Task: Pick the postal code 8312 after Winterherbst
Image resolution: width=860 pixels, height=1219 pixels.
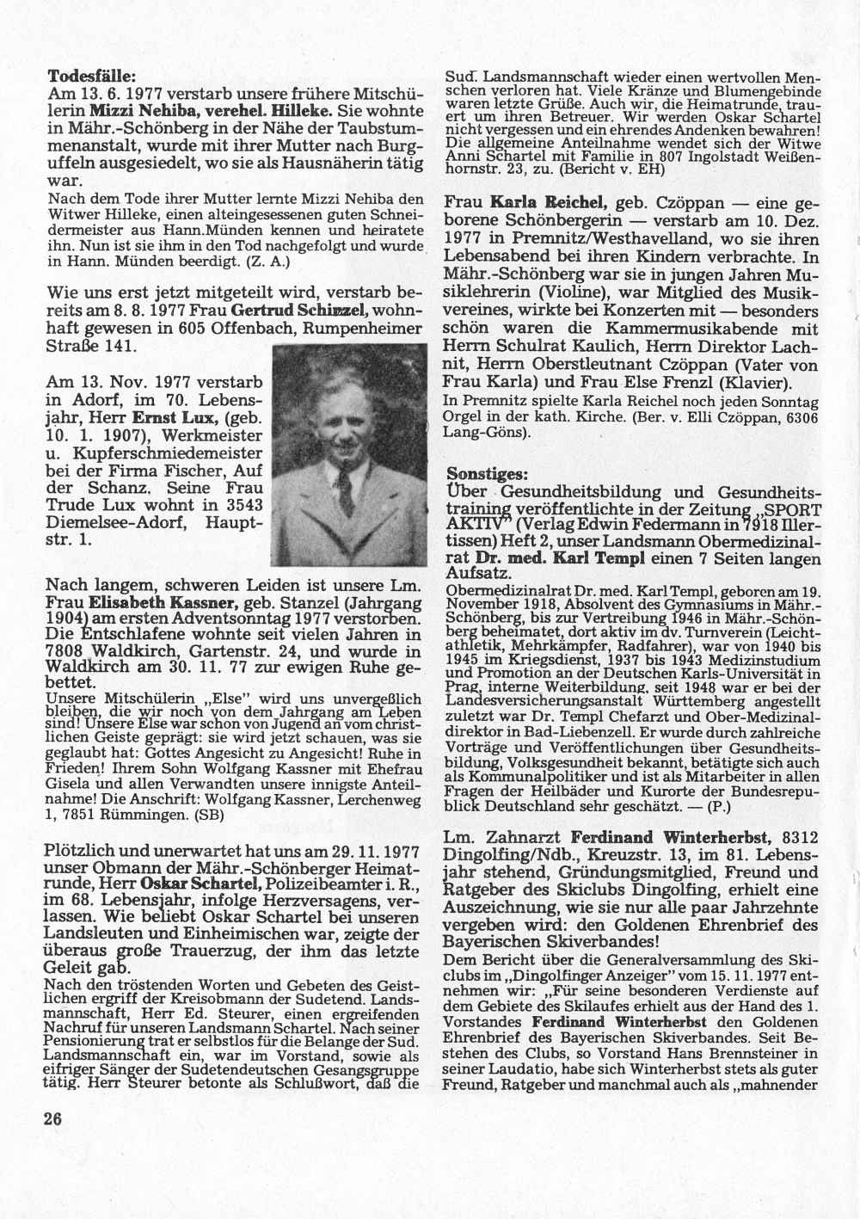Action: [x=807, y=837]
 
